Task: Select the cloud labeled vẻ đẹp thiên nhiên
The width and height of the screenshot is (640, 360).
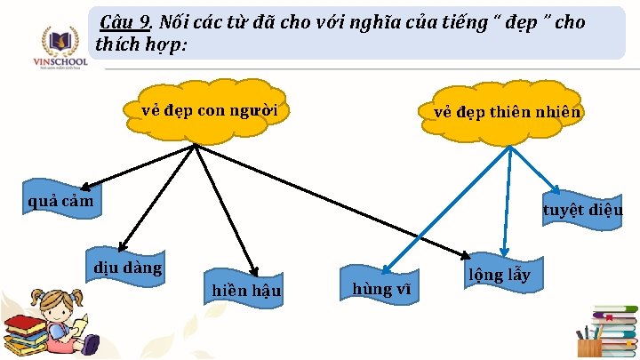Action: [x=508, y=113]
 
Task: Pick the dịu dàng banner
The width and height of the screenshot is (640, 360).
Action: [x=128, y=268]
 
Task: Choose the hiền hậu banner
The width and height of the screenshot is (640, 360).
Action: [x=245, y=290]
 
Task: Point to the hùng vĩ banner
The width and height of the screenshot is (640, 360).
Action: [x=380, y=288]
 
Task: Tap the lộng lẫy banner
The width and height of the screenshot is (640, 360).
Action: [x=500, y=275]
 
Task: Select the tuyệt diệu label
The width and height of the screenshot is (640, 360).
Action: [x=582, y=211]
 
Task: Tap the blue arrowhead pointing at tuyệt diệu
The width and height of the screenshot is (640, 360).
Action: [x=556, y=189]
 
